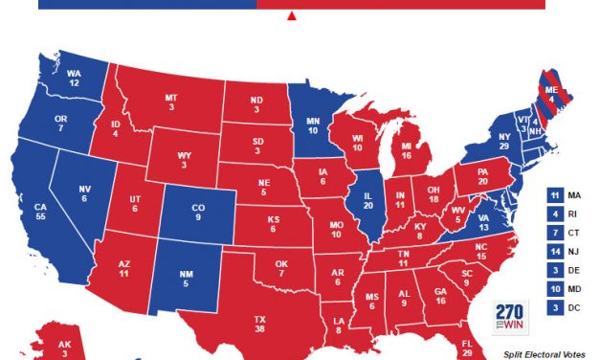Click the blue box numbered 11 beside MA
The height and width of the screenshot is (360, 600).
[x=556, y=194]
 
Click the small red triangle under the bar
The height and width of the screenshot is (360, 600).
[x=292, y=16]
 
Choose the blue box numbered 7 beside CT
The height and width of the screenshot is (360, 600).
[x=556, y=232]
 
